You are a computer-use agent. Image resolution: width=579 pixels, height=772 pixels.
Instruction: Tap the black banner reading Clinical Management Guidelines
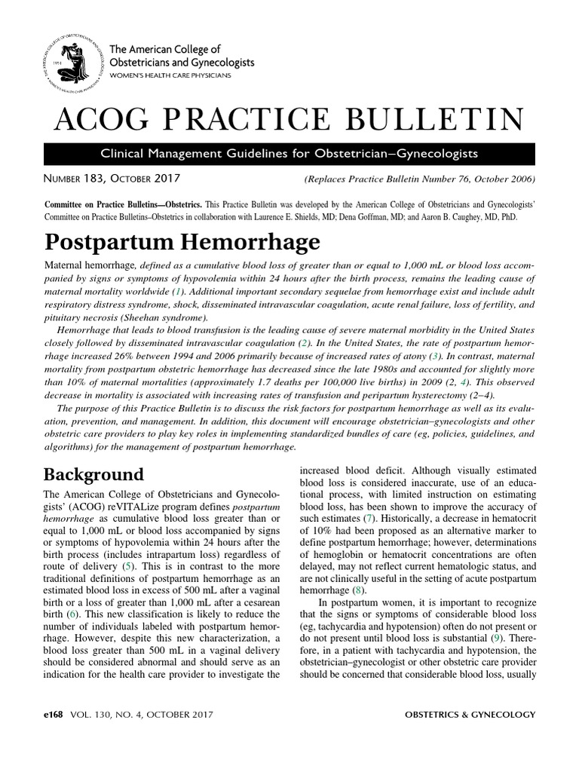click(x=289, y=154)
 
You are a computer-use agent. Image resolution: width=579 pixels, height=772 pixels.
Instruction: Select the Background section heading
click(x=93, y=474)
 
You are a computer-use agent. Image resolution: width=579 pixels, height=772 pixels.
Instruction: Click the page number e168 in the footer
click(x=57, y=714)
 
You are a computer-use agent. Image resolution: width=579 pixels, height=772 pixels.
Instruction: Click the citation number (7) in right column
click(x=369, y=519)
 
